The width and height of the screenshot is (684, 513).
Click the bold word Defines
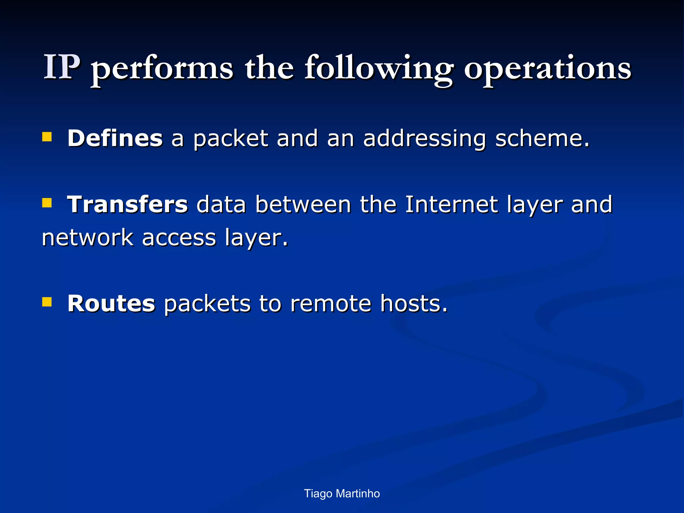[115, 138]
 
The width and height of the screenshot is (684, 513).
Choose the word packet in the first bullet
[231, 138]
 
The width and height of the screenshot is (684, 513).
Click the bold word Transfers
[128, 204]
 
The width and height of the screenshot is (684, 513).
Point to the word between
[303, 204]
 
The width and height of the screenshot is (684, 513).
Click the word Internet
[451, 204]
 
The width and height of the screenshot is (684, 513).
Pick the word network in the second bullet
[88, 237]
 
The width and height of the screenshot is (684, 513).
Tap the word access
[179, 238]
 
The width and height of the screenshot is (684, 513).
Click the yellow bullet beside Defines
[47, 137]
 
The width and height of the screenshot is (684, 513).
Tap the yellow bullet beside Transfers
[47, 203]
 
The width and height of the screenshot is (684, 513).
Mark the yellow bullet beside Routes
[47, 302]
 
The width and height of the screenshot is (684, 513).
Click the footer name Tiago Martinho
[342, 493]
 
